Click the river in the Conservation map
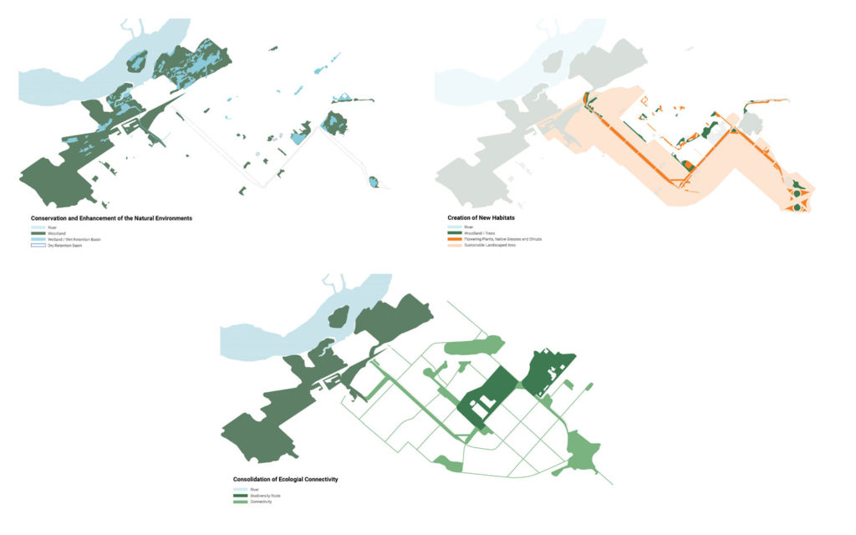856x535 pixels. (x=75, y=84)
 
